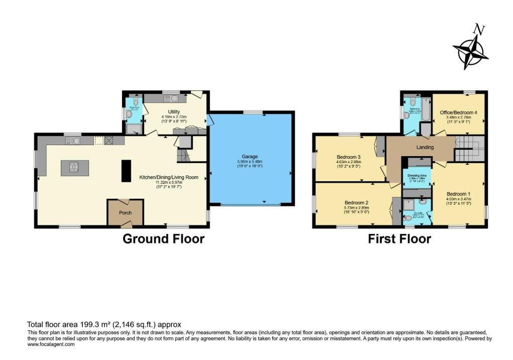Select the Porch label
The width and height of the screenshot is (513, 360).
tap(125, 213)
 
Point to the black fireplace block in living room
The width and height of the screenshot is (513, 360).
tap(126, 170)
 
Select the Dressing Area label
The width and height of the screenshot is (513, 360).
tap(416, 172)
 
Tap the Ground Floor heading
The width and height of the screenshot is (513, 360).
tap(163, 239)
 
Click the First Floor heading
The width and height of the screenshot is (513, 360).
tap(399, 239)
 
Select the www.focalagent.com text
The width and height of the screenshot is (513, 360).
tap(51, 344)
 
